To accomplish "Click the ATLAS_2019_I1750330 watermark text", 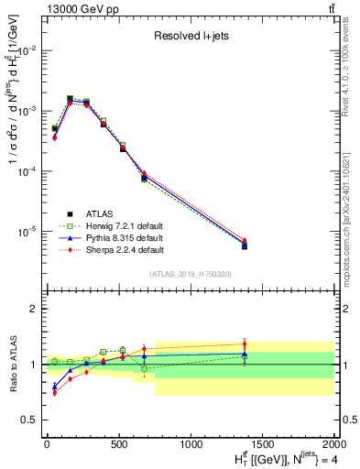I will [190, 274].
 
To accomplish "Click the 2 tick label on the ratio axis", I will [33, 309].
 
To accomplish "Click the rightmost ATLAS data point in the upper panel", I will [245, 245].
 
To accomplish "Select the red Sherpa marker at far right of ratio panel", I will [245, 344].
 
